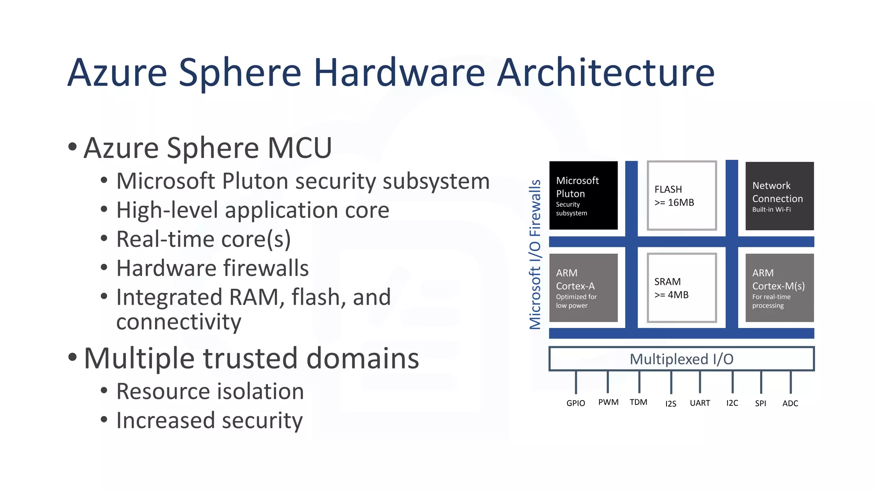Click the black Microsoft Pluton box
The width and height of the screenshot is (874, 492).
click(x=583, y=196)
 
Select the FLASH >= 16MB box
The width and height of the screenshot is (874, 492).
click(x=682, y=196)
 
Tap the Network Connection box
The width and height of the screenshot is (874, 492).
click(x=779, y=196)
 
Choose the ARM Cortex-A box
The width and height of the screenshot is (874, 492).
click(x=583, y=288)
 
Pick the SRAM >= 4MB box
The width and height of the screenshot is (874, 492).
click(x=682, y=288)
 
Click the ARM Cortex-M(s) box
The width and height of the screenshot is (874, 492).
click(x=779, y=288)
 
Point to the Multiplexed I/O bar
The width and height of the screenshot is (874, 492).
click(x=682, y=359)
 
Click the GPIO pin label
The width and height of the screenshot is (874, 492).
click(x=576, y=403)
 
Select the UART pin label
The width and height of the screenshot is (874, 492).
click(x=700, y=403)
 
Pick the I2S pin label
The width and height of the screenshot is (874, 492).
click(x=670, y=404)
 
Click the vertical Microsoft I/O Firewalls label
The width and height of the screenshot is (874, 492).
click(x=535, y=255)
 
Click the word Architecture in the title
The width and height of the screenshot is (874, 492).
click(x=606, y=73)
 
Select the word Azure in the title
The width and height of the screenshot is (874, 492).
click(x=117, y=73)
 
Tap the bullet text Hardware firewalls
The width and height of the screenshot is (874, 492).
click(x=212, y=268)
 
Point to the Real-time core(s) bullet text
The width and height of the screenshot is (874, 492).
click(x=203, y=239)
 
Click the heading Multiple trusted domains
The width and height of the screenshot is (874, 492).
click(x=251, y=358)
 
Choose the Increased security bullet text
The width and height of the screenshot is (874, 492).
click(x=209, y=420)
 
